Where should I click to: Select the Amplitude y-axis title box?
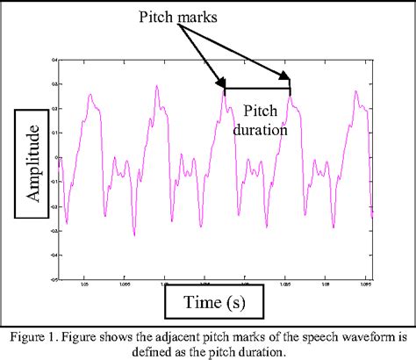[x=34, y=163]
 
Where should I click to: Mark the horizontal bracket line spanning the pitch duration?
[x=256, y=89]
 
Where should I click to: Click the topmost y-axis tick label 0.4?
[x=54, y=61]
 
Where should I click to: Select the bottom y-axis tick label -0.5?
[x=54, y=280]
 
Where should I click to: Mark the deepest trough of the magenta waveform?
[x=133, y=234]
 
